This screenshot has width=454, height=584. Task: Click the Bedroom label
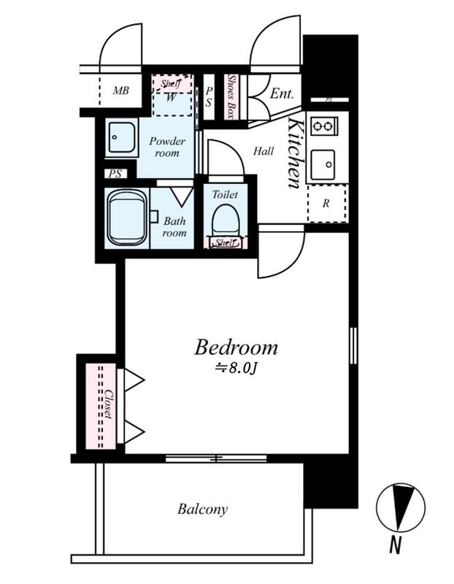pos(236,347)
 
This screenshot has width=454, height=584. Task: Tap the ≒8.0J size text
pos(237,368)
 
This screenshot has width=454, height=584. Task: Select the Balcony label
pos(202,509)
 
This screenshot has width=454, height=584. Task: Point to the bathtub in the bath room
pos(127,218)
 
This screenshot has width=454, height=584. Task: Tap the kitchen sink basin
pos(323,164)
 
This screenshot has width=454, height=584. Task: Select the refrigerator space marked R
pos(326,204)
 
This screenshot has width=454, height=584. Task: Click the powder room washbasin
pos(121,137)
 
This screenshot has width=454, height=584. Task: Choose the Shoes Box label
pos(231,97)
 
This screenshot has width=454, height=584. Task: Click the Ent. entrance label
pos(282,93)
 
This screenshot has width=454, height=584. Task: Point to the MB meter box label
pos(120,90)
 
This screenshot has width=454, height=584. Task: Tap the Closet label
pos(108,404)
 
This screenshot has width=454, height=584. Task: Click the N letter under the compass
pos(395,545)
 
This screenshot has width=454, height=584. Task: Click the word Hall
pos(263,151)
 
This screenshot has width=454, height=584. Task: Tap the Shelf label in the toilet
pos(225,243)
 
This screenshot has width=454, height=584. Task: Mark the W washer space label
pos(171,98)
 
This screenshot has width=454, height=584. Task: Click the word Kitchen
pos(295,153)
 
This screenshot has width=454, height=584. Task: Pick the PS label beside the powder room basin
pos(115,174)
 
